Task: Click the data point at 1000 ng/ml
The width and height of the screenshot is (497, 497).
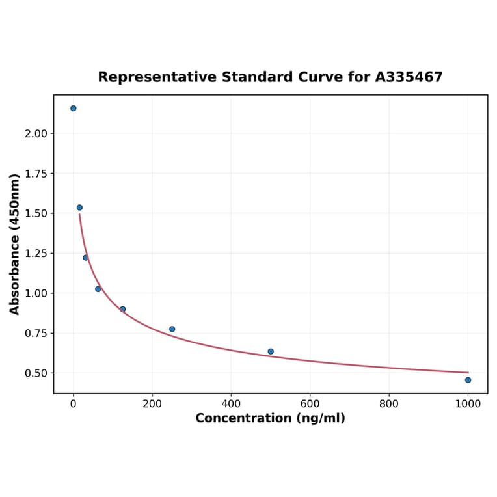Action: [468, 380]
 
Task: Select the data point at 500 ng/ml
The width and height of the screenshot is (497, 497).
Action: [271, 351]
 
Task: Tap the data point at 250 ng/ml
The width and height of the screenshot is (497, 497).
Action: [172, 329]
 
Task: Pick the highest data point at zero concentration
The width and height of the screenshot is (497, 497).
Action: [74, 108]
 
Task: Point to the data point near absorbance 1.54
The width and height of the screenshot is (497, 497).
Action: [79, 208]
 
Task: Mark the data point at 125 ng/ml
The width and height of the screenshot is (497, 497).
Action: [122, 309]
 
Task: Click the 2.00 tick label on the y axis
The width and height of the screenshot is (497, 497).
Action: [36, 133]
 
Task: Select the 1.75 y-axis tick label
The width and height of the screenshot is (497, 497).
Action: [36, 174]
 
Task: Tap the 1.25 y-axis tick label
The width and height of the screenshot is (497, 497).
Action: [36, 254]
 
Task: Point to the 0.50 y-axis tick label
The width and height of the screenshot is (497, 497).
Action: [36, 373]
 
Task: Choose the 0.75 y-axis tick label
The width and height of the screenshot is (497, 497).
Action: [36, 334]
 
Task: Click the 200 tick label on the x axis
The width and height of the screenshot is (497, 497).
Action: [152, 403]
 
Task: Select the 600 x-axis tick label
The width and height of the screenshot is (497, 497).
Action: [310, 403]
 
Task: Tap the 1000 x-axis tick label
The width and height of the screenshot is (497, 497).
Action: [468, 403]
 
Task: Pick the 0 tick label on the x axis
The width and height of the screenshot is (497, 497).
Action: [74, 403]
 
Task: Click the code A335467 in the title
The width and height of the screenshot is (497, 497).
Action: [409, 77]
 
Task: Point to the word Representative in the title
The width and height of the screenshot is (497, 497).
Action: [157, 77]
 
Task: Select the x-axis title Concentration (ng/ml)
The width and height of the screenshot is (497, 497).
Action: [271, 418]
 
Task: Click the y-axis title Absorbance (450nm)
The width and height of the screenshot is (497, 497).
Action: [15, 244]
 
